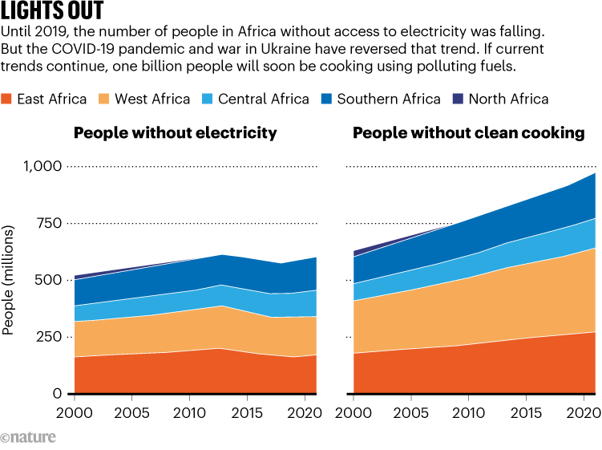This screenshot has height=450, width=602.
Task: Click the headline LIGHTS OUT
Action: [52, 12]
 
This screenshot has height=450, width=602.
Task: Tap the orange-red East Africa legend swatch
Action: [8, 99]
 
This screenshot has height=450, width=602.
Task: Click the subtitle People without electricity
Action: [176, 133]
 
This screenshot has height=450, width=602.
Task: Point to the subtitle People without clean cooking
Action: [469, 133]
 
